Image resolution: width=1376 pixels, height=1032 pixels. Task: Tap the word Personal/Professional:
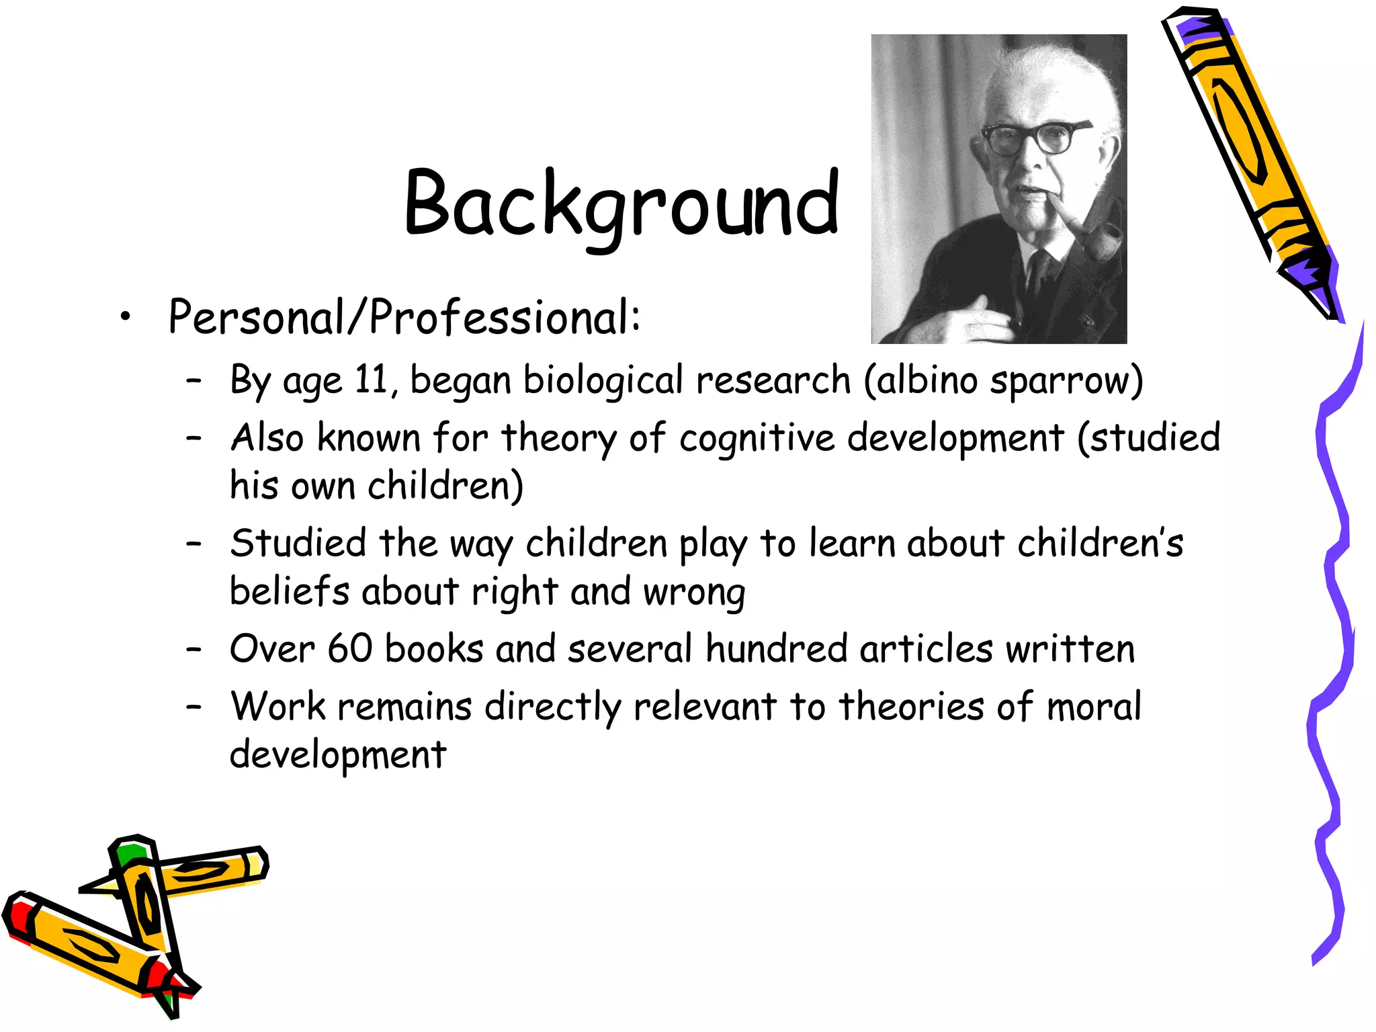(404, 317)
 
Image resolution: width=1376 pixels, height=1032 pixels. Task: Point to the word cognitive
(757, 439)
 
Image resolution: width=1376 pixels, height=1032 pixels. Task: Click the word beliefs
(290, 592)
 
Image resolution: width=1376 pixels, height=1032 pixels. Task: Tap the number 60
(349, 649)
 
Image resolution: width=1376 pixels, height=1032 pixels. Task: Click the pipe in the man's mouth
(1092, 235)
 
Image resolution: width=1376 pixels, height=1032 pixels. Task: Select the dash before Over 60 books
(194, 649)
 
